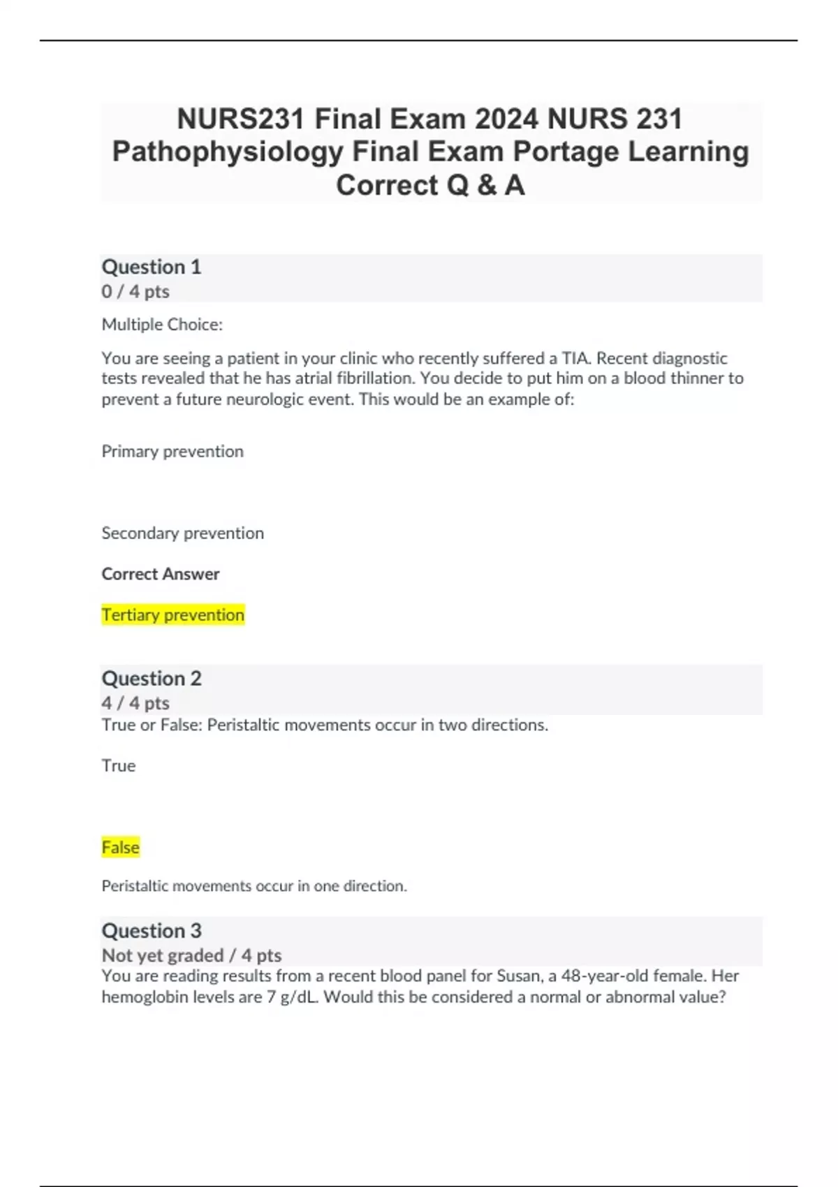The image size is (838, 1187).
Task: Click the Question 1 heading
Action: [152, 267]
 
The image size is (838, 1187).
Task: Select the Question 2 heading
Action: [152, 678]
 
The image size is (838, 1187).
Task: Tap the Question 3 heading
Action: [152, 931]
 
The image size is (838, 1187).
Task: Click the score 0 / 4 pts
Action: [135, 291]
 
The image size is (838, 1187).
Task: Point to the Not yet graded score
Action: [163, 955]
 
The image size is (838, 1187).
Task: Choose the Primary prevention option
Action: [172, 451]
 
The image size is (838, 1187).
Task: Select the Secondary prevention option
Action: [183, 533]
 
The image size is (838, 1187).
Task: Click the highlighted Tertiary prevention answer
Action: [173, 614]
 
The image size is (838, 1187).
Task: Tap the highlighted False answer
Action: [121, 847]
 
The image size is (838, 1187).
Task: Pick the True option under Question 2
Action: [119, 765]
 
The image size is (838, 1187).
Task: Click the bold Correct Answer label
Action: [161, 574]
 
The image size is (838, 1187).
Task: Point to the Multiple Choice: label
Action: [162, 324]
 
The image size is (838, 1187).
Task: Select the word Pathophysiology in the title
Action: [228, 152]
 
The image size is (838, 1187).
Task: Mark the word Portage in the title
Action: [566, 152]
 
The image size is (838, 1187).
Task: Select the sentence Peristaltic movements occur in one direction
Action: [254, 886]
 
